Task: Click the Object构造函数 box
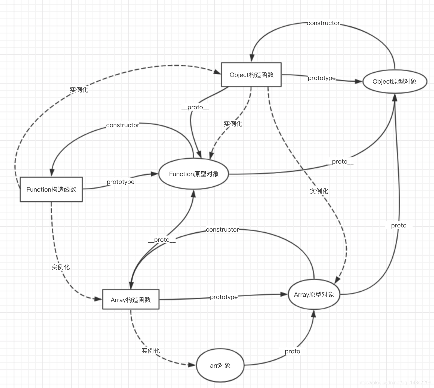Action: (x=251, y=75)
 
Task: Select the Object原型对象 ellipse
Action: (x=395, y=81)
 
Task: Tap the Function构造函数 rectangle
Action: (x=51, y=190)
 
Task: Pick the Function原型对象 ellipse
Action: (x=194, y=174)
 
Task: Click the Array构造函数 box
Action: (x=130, y=300)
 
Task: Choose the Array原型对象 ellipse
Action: (x=314, y=295)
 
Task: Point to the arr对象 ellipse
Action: (x=220, y=366)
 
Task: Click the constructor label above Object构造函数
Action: (x=323, y=23)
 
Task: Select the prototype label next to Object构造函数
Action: (x=321, y=78)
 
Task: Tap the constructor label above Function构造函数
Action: (x=122, y=125)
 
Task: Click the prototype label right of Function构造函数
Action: (x=120, y=182)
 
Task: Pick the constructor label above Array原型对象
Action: (x=222, y=230)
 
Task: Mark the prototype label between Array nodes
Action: (x=224, y=297)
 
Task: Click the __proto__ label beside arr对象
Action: (x=293, y=351)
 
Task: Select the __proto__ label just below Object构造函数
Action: (x=195, y=107)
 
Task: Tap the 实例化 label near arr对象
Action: (x=150, y=350)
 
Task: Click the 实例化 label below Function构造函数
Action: (x=60, y=267)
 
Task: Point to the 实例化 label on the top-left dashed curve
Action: (x=79, y=90)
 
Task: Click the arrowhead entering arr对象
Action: (x=192, y=365)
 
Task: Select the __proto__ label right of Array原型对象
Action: (x=398, y=225)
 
